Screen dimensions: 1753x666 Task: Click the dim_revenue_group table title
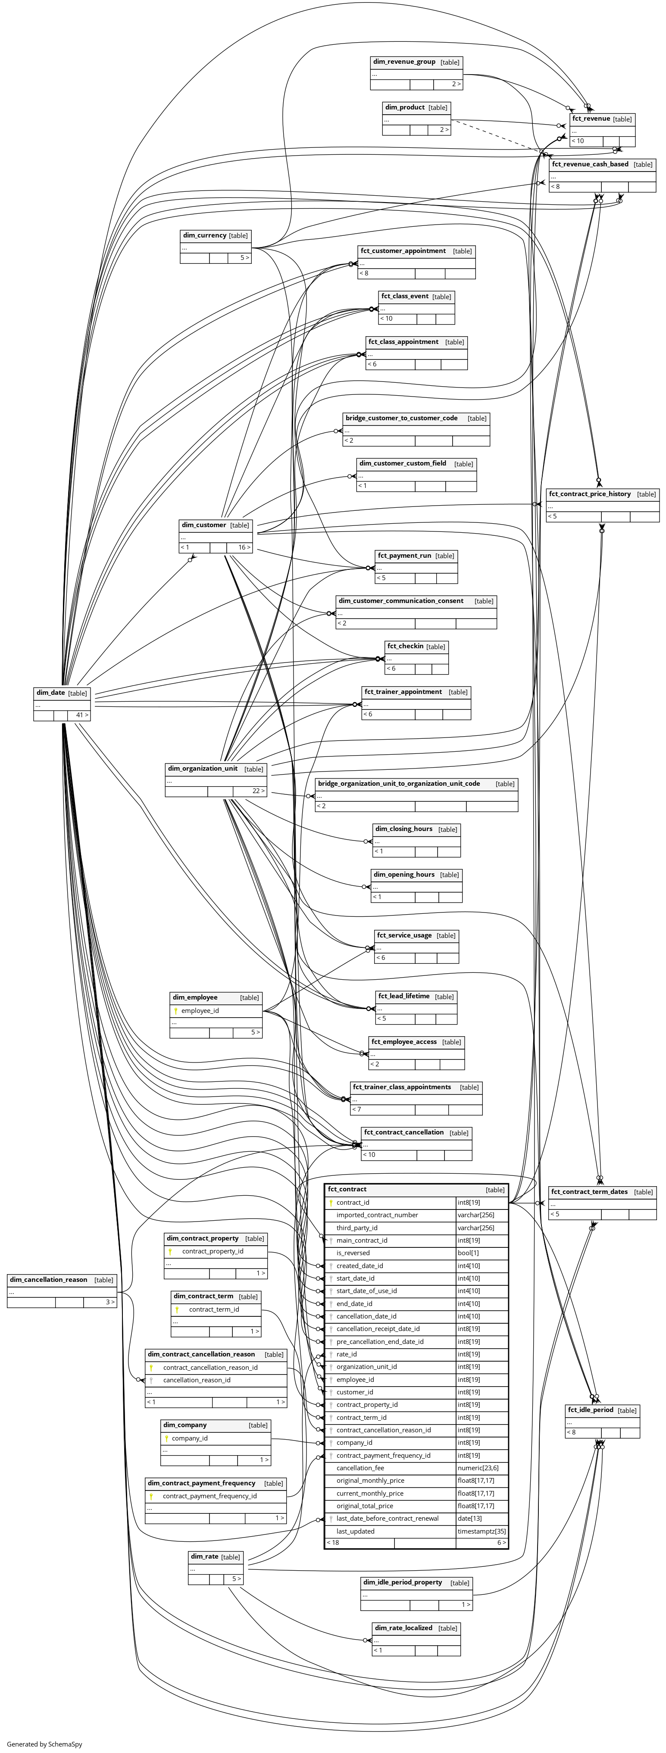(404, 62)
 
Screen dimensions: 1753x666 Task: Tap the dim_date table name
(51, 693)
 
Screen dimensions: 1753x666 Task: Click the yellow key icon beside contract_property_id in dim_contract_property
(177, 1251)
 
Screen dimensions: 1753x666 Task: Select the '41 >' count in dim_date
(81, 715)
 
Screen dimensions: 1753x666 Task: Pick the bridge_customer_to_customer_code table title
(401, 418)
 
